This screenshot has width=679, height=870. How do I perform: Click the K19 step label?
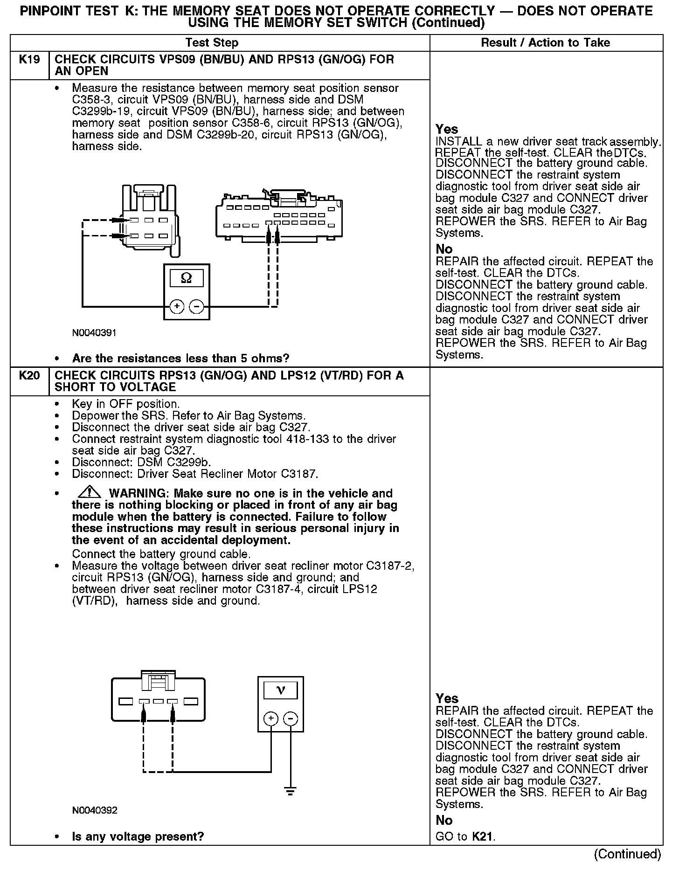[29, 60]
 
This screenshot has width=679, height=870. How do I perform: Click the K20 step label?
[29, 376]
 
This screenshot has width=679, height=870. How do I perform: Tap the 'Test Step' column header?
[212, 43]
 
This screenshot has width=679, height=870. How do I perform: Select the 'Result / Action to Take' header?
[545, 43]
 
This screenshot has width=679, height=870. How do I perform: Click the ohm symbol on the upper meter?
[186, 278]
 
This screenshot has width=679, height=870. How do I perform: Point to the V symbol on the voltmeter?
[281, 690]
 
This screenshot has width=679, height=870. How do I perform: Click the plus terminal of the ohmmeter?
[177, 306]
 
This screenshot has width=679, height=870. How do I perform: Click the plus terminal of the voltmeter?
[271, 718]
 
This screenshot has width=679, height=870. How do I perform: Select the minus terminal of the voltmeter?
[291, 718]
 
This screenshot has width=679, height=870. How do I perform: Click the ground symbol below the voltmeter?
[291, 791]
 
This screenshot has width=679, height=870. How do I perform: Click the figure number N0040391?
[94, 333]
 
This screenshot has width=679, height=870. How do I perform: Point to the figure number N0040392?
[95, 810]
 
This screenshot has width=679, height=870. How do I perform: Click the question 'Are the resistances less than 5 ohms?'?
[180, 359]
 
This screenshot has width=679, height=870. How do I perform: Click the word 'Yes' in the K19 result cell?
[447, 129]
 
